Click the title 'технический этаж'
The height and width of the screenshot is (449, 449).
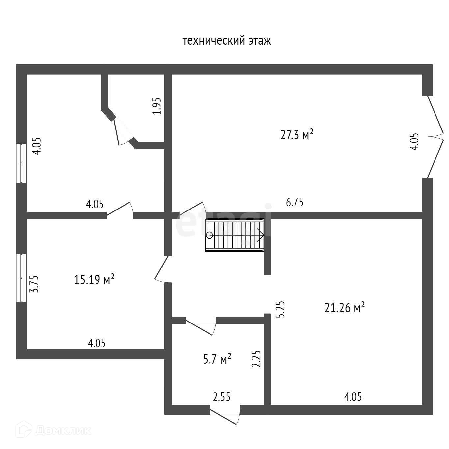point(227,41)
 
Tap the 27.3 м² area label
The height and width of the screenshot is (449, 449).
point(296,135)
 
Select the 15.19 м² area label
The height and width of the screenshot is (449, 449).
point(94,279)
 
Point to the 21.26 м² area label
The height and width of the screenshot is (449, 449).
point(344,308)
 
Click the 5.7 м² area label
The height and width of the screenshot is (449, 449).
point(217,359)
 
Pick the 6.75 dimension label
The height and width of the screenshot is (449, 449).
point(295,202)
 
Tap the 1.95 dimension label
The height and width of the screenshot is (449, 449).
point(156,106)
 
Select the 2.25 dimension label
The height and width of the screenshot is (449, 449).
point(256,359)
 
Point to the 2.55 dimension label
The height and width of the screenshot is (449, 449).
point(222,397)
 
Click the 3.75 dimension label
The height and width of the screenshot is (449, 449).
point(34,284)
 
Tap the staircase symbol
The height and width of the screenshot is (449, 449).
point(235,235)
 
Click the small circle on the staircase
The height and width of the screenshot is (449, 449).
point(210,235)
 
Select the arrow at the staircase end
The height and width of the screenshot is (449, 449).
point(260,235)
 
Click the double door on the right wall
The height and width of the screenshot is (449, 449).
point(435,137)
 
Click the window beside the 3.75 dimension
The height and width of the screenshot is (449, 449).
point(21,278)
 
